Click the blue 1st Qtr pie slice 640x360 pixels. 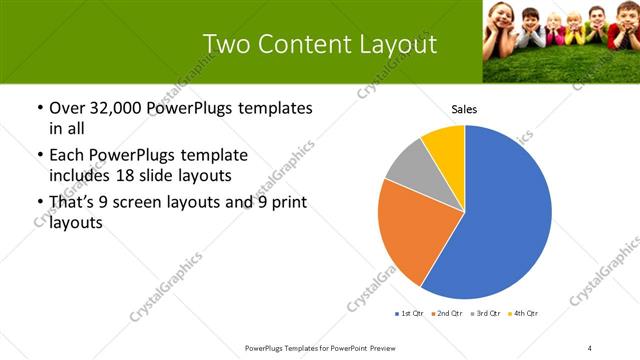tap(500, 220)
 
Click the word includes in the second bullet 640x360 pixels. tap(81, 176)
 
